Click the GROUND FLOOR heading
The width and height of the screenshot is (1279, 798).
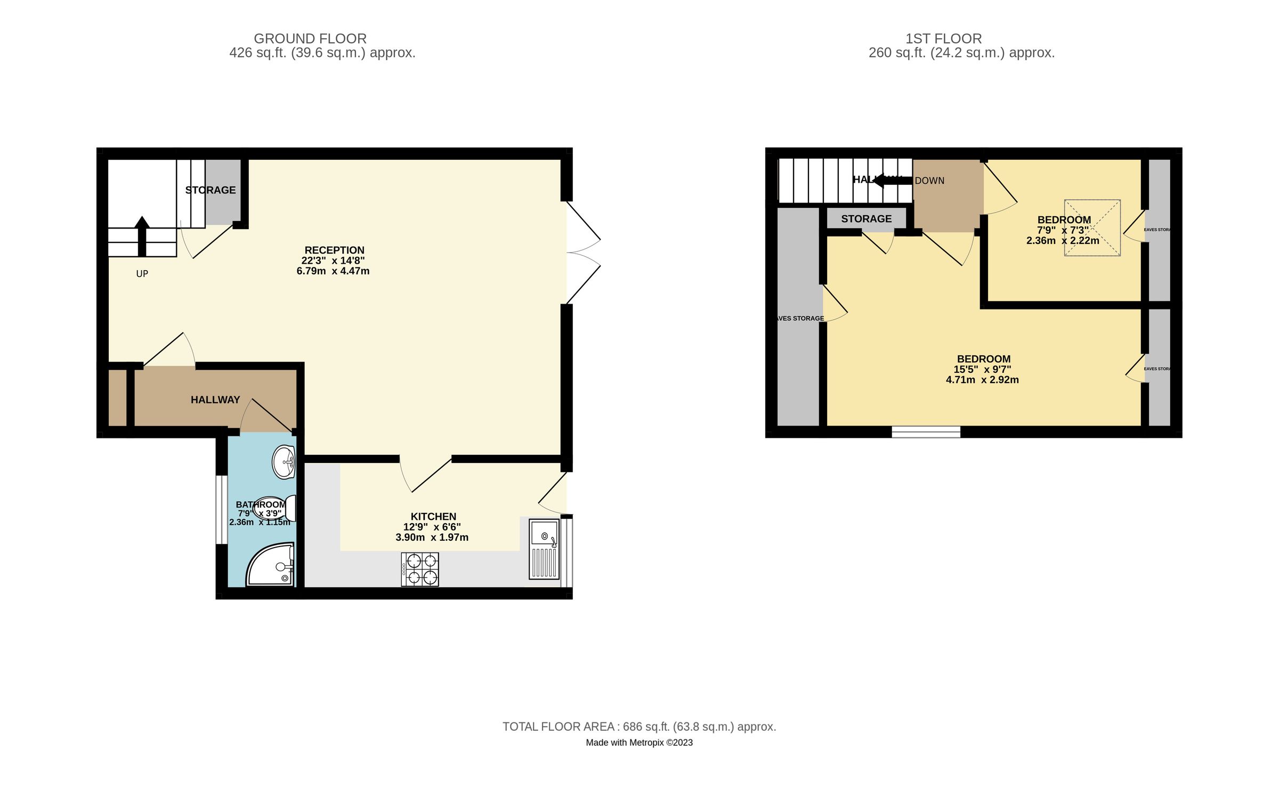310,39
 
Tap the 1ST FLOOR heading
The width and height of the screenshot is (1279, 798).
943,39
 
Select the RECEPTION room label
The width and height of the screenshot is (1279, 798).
334,250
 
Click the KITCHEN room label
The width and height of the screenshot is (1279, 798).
433,516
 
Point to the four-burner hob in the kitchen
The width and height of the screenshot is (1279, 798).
420,569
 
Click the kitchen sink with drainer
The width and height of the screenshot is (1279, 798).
544,549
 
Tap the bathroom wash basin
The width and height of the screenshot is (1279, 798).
284,462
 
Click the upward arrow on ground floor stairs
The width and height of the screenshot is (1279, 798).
142,235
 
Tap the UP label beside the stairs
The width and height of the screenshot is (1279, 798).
142,274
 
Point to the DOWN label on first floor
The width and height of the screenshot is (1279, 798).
929,181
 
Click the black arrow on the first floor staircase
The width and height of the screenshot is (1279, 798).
892,181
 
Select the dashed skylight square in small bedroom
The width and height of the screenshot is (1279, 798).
1092,227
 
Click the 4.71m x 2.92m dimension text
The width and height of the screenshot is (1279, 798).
982,380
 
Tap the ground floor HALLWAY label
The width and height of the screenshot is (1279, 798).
215,400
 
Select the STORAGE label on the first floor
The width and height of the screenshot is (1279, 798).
866,218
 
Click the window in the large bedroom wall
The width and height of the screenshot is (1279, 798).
926,431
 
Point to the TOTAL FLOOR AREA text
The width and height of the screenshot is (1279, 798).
639,727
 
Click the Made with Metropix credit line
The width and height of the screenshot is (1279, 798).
639,743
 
